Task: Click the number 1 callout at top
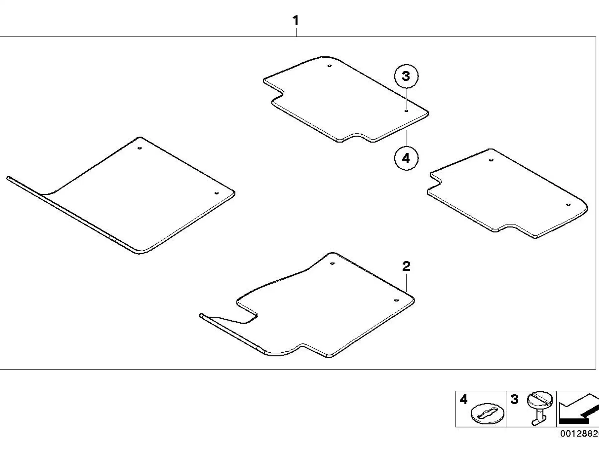coord(295,21)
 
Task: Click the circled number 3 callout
coord(406,76)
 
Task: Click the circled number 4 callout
coord(406,158)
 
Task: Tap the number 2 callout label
coord(406,266)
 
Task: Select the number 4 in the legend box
coord(464,399)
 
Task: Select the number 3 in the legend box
coord(514,399)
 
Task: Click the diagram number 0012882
coord(580,434)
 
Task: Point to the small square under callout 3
coord(406,110)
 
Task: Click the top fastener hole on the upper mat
coord(329,66)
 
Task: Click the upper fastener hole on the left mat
coord(139,148)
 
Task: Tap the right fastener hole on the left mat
coord(216,193)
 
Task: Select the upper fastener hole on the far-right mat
coord(491,160)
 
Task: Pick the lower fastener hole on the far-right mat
coord(568,205)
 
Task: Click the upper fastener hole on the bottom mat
coord(332,263)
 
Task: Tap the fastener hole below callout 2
coord(397,300)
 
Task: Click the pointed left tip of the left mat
coord(7,178)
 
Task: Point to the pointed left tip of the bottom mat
coord(200,316)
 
